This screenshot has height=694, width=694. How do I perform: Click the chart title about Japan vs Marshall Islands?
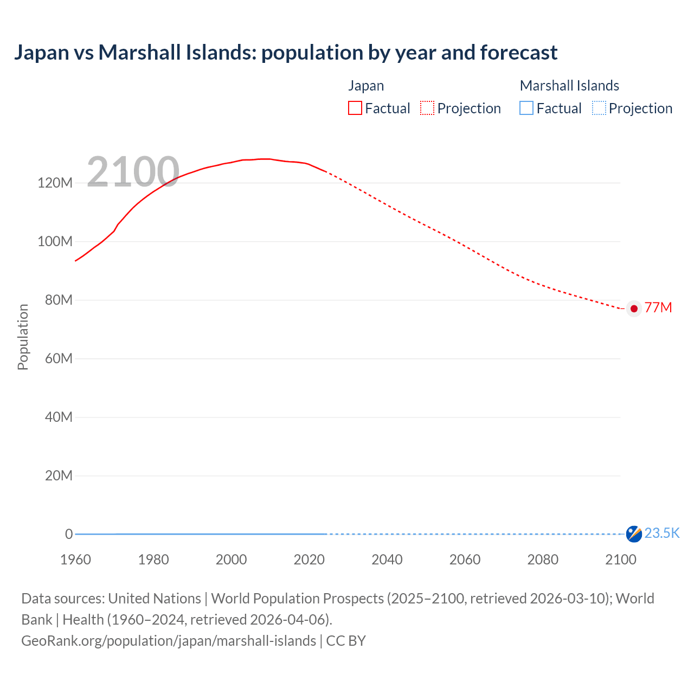coord(286,53)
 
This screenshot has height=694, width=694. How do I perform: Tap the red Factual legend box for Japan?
coord(355,108)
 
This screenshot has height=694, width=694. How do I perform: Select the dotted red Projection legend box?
coord(427,108)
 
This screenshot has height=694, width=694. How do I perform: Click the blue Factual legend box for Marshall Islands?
coord(526,108)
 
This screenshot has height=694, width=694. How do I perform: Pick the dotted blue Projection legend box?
coord(599,108)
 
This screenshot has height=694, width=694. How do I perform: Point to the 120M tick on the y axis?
coord(55,183)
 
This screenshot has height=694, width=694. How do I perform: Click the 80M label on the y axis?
coord(58,300)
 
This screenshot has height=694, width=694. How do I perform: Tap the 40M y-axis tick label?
coord(58,417)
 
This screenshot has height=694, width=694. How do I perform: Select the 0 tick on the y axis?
coord(69,534)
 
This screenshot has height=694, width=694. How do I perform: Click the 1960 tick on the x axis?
coord(75,560)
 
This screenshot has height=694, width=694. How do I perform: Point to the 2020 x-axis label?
coord(309,560)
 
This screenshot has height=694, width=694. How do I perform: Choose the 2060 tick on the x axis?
coord(465,560)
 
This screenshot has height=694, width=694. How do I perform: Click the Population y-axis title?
coord(23,337)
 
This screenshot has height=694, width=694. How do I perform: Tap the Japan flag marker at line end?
coord(634,309)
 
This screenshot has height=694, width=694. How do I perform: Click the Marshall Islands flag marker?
coord(634,534)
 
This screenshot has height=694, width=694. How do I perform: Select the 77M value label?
coord(658,308)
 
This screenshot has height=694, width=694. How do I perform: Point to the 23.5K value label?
coord(661,534)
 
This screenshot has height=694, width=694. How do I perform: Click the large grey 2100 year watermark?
coord(133,172)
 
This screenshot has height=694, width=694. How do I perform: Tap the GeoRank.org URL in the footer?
coord(169,641)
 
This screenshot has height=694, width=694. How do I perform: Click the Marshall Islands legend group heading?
coord(569,86)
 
